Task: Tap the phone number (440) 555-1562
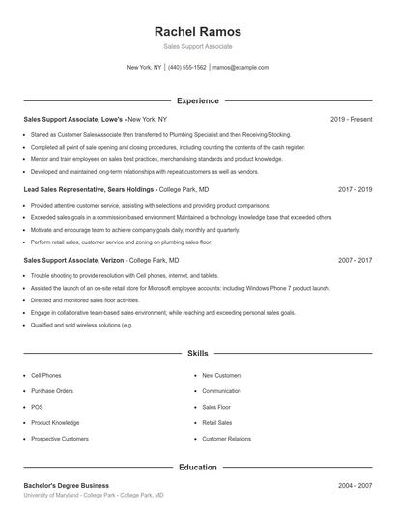pos(187,68)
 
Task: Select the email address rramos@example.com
pos(240,68)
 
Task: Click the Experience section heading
pos(197,100)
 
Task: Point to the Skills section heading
pos(197,354)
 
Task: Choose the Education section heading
pos(197,467)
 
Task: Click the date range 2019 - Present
pos(351,119)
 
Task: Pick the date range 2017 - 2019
pos(354,190)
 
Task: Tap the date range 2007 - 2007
pos(354,261)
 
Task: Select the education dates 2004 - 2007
pos(354,485)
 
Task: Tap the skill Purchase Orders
pos(51,391)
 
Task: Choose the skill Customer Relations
pos(227,439)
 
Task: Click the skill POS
pos(37,407)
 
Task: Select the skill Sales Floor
pos(216,407)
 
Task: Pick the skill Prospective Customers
pos(59,439)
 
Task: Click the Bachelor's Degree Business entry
pos(67,485)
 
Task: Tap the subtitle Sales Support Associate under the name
pos(197,46)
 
